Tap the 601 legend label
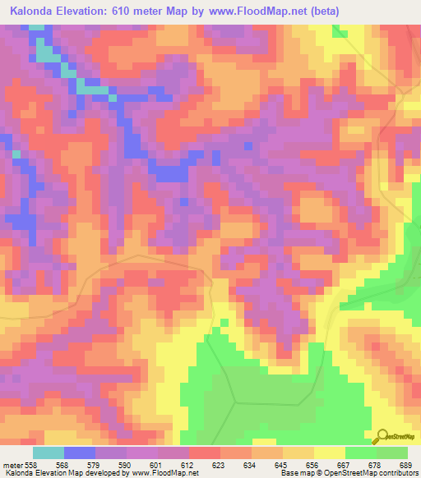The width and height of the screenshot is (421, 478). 158,464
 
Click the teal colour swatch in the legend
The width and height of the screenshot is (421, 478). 49,453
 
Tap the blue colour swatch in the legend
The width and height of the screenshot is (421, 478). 80,453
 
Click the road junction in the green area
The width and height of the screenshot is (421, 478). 236,403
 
